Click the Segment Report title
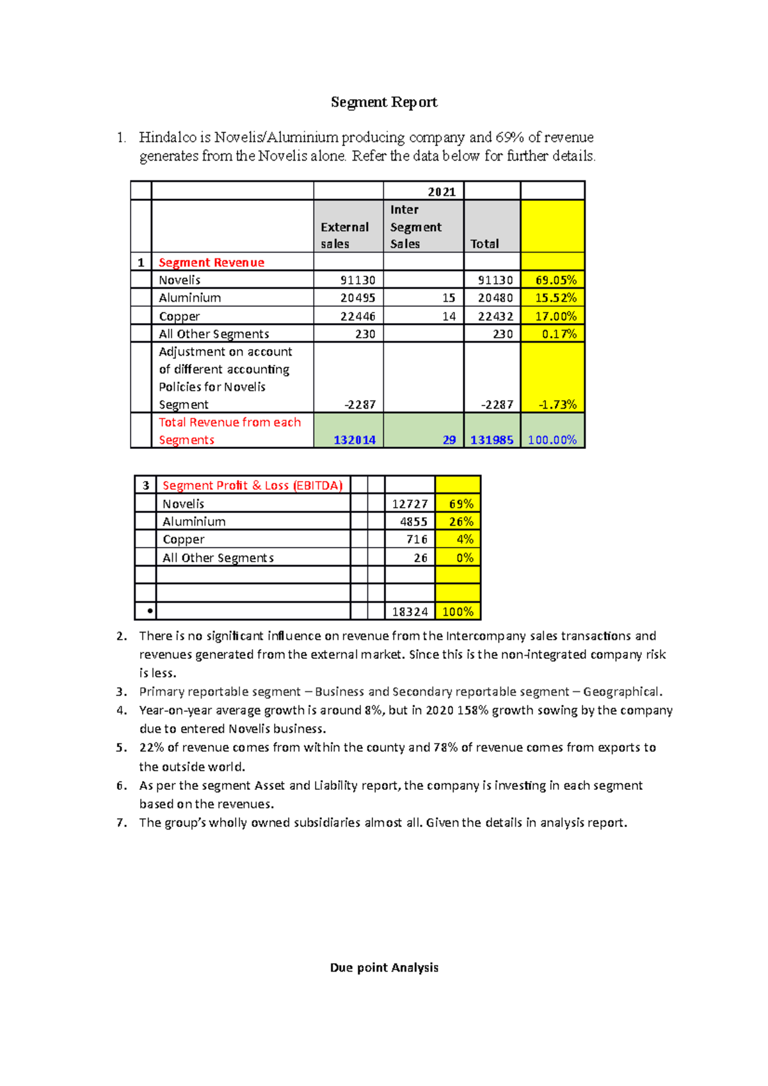(384, 102)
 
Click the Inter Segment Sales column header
(415, 226)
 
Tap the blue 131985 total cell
(492, 440)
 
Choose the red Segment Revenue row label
(211, 262)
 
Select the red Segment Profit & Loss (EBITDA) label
(252, 485)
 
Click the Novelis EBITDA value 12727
(410, 504)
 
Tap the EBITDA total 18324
(410, 612)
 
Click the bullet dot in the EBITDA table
(150, 611)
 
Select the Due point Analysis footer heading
(384, 968)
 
